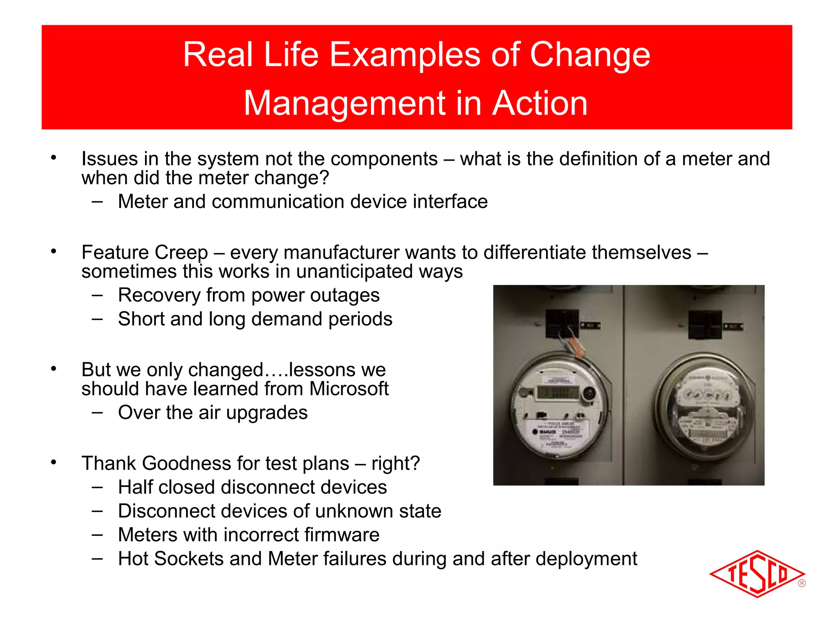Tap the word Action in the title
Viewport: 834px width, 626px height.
540,104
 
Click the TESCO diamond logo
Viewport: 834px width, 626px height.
757,574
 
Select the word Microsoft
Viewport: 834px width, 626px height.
349,389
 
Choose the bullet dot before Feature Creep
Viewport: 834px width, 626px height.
53,251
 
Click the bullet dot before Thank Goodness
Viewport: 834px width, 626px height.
53,462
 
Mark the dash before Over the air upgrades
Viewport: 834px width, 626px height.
97,412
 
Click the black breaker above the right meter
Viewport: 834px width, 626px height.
705,324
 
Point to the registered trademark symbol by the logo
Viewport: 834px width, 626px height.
801,583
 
